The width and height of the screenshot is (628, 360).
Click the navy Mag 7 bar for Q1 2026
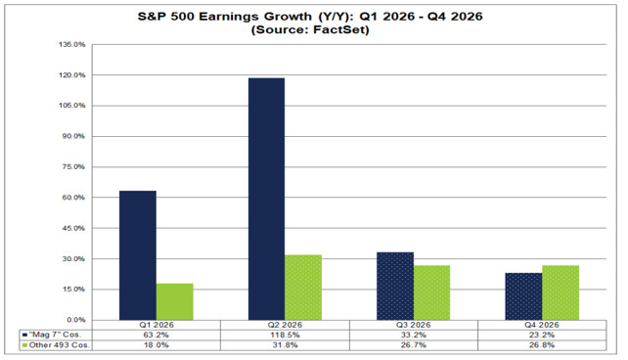[x=138, y=255]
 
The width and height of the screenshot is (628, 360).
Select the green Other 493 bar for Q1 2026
[x=175, y=301]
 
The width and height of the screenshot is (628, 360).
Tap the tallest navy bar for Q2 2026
[x=266, y=199]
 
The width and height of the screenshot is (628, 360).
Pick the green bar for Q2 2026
[x=303, y=288]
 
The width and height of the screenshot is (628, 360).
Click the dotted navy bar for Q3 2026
[x=395, y=286]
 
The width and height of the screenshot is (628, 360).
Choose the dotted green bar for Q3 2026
[x=431, y=292]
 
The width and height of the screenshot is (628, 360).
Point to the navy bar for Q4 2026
[x=524, y=296]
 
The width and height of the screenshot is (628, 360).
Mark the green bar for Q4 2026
[x=561, y=292]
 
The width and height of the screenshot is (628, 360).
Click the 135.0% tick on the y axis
[x=72, y=44]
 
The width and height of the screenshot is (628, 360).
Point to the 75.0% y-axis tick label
[x=73, y=167]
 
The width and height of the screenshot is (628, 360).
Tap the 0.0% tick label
[x=75, y=320]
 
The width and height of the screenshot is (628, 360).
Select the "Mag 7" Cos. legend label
[x=55, y=335]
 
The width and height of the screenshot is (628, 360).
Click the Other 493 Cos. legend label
[x=60, y=345]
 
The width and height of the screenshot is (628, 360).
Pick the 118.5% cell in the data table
[x=285, y=336]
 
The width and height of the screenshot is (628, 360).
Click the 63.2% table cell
[x=157, y=336]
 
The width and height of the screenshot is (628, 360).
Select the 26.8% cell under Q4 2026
[x=542, y=345]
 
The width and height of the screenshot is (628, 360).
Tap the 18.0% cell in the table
[x=157, y=345]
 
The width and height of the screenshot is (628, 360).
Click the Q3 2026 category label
[x=414, y=325]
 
